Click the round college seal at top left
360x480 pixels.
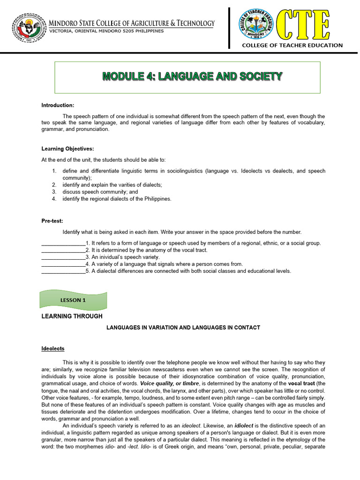pyautogui.click(x=29, y=27)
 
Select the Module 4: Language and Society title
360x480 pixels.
pyautogui.click(x=193, y=76)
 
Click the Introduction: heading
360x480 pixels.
pyautogui.click(x=58, y=105)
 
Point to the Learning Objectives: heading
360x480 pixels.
pyautogui.click(x=68, y=149)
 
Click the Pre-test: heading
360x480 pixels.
pyautogui.click(x=52, y=221)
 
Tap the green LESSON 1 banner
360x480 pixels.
pyautogui.click(x=73, y=300)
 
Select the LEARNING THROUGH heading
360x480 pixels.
pyautogui.click(x=72, y=316)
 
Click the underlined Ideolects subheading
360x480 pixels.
pyautogui.click(x=53, y=349)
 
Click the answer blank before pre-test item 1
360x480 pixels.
pyautogui.click(x=63, y=244)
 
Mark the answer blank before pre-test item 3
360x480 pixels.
pyautogui.click(x=63, y=257)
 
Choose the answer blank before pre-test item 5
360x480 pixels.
pyautogui.click(x=63, y=271)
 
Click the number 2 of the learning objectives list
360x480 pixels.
pyautogui.click(x=54, y=185)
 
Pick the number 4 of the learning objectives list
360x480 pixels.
pyautogui.click(x=54, y=199)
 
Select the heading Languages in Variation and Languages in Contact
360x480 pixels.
pyautogui.click(x=182, y=328)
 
